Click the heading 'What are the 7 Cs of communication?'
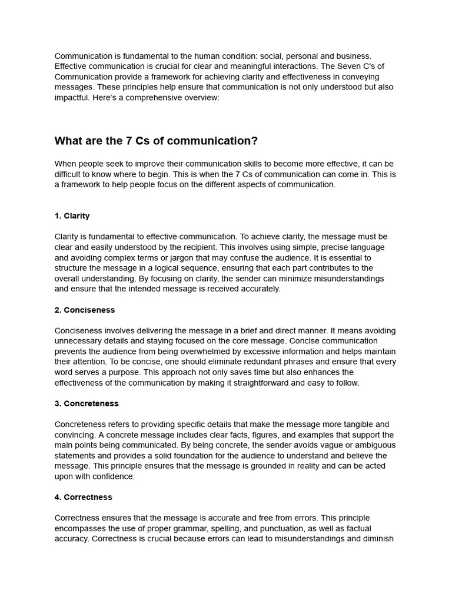click(156, 141)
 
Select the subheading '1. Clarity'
click(72, 216)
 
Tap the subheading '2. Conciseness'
click(84, 310)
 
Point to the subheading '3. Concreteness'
click(87, 403)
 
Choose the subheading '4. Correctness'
click(83, 497)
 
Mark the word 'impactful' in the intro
click(73, 98)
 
